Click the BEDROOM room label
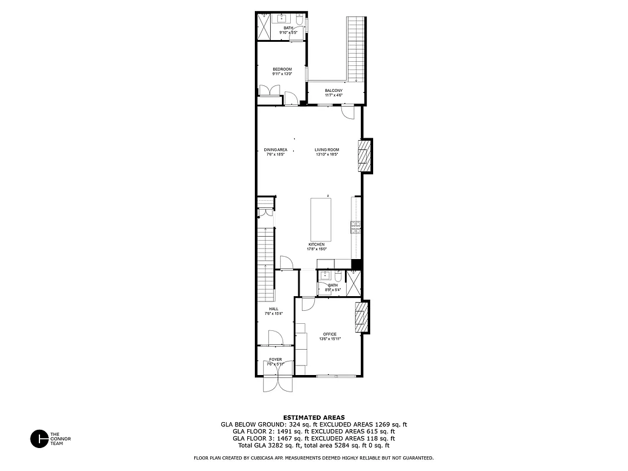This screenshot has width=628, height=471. pyautogui.click(x=282, y=69)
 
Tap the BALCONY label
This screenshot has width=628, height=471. pyautogui.click(x=333, y=91)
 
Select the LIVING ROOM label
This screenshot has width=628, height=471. pyautogui.click(x=327, y=150)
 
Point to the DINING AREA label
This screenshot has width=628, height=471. pyautogui.click(x=275, y=150)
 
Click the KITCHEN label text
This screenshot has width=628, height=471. pyautogui.click(x=316, y=244)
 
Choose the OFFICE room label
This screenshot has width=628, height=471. pyautogui.click(x=330, y=334)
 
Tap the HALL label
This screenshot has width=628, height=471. pyautogui.click(x=274, y=309)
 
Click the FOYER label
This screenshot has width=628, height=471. pyautogui.click(x=275, y=359)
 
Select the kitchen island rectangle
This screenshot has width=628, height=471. pyautogui.click(x=321, y=219)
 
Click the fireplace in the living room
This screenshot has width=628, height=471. pyautogui.click(x=366, y=156)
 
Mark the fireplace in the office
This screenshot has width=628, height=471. pyautogui.click(x=362, y=317)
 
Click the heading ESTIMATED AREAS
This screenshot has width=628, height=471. pyautogui.click(x=314, y=417)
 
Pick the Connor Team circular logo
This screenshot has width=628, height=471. pyautogui.click(x=39, y=439)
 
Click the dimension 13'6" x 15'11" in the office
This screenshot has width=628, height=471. pyautogui.click(x=330, y=339)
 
